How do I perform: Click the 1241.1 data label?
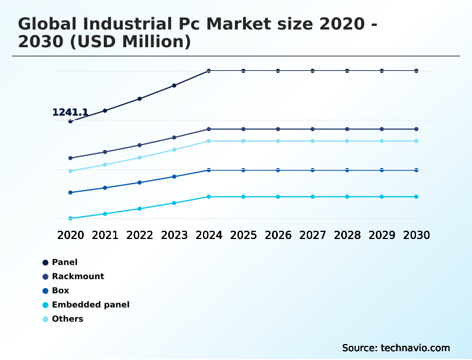pyautogui.click(x=70, y=112)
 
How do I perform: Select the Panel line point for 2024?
pyautogui.click(x=209, y=71)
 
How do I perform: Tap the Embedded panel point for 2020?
pyautogui.click(x=70, y=218)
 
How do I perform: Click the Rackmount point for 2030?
pyautogui.click(x=417, y=129)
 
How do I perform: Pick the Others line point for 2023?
pyautogui.click(x=174, y=149)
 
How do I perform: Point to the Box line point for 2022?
pyautogui.click(x=140, y=182)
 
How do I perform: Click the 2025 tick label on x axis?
pyautogui.click(x=243, y=235)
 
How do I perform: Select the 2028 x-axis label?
pyautogui.click(x=347, y=235)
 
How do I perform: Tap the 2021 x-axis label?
pyautogui.click(x=105, y=235)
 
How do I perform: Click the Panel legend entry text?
pyautogui.click(x=64, y=262)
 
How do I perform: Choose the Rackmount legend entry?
pyautogui.click(x=78, y=276)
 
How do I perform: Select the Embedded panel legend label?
pyautogui.click(x=90, y=305)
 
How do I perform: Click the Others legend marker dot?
pyautogui.click(x=45, y=319)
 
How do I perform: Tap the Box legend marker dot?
pyautogui.click(x=45, y=291)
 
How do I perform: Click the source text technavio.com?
pyautogui.click(x=396, y=348)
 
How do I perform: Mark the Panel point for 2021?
pyautogui.click(x=105, y=110)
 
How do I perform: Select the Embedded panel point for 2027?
pyautogui.click(x=313, y=197)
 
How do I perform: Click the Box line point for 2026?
pyautogui.click(x=278, y=170)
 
